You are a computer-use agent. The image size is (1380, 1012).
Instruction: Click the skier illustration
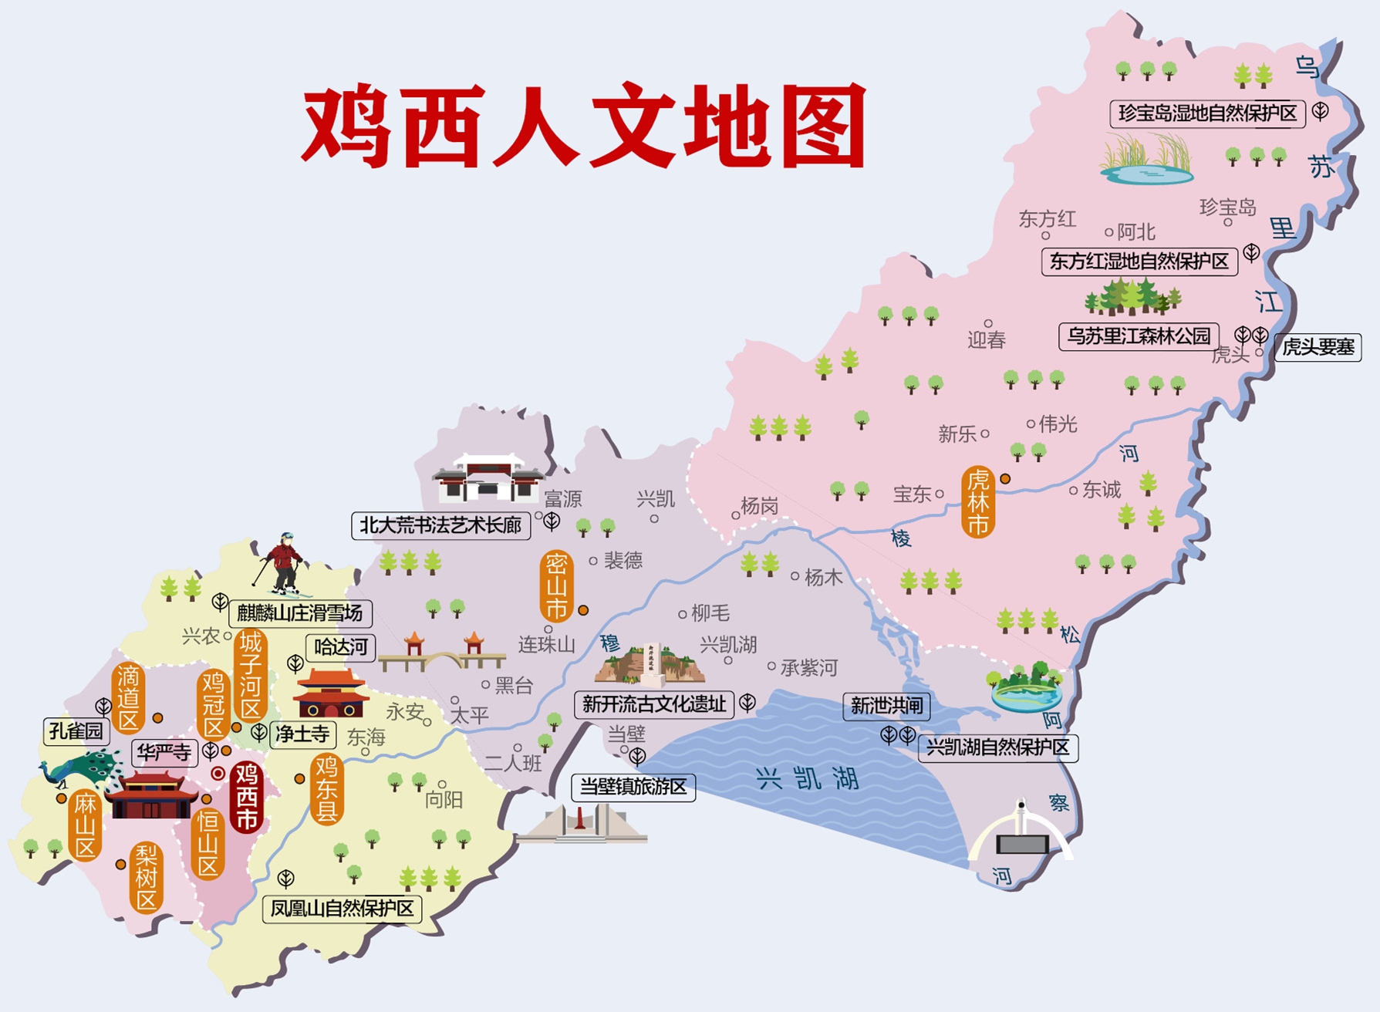click(x=283, y=565)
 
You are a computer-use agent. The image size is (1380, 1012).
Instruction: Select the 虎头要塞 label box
click(x=1318, y=347)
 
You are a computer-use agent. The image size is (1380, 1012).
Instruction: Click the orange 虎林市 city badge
click(x=977, y=502)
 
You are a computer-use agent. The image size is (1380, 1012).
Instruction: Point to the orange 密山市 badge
click(x=556, y=586)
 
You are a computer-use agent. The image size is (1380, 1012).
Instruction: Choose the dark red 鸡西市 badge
click(x=247, y=797)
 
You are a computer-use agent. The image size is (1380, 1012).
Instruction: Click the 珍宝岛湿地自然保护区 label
click(x=1207, y=113)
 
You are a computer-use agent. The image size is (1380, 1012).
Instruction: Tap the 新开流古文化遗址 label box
click(x=653, y=703)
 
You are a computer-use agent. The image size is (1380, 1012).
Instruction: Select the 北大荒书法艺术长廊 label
click(x=440, y=525)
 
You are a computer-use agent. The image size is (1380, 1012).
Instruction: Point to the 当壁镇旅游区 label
click(x=633, y=787)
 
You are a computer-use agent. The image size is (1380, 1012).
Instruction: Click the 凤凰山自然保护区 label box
click(x=342, y=908)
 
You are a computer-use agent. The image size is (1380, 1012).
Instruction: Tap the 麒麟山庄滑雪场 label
click(x=300, y=613)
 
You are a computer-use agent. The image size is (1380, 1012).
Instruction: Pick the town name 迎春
click(x=987, y=339)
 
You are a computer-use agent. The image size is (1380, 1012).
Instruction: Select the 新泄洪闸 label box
click(x=886, y=705)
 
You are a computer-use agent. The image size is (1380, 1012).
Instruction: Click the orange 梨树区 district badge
click(x=146, y=877)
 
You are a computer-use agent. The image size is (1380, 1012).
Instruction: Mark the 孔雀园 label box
click(x=75, y=731)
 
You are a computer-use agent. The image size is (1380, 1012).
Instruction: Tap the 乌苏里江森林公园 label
click(x=1139, y=336)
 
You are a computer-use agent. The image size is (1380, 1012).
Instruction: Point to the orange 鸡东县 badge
click(x=327, y=789)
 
